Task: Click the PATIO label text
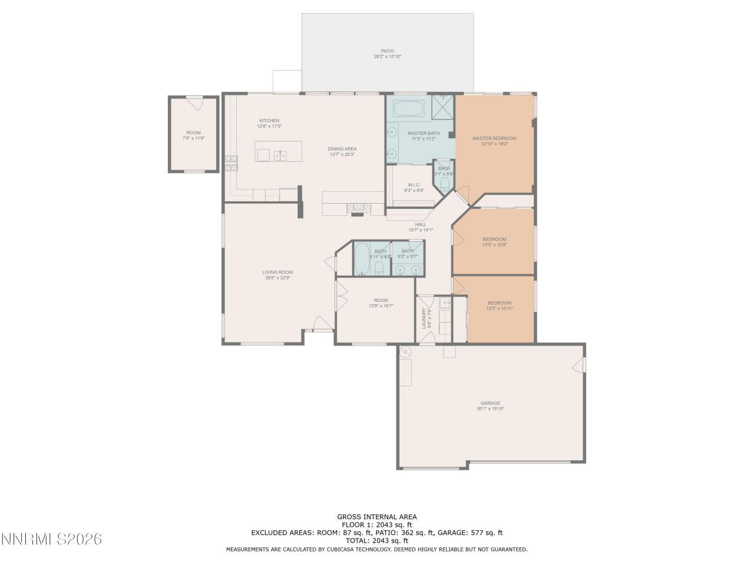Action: [387, 51]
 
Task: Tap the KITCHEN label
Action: [269, 121]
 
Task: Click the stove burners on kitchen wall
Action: [230, 163]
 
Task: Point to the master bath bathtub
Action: [408, 108]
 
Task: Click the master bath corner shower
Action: [443, 106]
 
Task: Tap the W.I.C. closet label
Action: [414, 185]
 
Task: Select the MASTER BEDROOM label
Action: [494, 138]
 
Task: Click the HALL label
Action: [421, 224]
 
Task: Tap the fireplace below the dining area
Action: [358, 208]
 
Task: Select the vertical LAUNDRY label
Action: [424, 318]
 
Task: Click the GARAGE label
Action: [490, 403]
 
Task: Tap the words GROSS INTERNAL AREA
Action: [376, 517]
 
